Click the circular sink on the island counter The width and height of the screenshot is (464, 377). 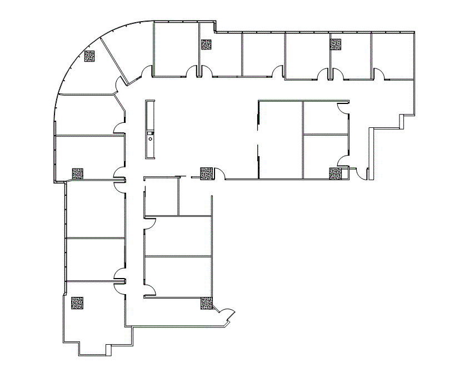(x=150, y=140)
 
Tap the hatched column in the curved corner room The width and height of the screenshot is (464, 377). (x=90, y=56)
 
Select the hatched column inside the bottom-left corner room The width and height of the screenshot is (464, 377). (x=77, y=303)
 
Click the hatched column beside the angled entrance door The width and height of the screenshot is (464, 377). (x=206, y=304)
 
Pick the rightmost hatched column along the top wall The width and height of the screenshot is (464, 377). (x=336, y=44)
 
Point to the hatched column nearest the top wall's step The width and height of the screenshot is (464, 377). (x=206, y=44)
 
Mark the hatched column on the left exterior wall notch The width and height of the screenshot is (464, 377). (x=77, y=173)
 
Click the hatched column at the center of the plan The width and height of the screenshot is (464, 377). (x=206, y=173)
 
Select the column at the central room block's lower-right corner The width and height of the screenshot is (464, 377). (x=335, y=173)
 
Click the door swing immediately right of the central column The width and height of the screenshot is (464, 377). (x=219, y=173)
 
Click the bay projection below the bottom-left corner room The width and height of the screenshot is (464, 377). (x=92, y=350)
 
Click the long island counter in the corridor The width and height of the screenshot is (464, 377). (x=150, y=129)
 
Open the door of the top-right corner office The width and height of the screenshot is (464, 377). (x=379, y=73)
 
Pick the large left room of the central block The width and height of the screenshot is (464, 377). (x=280, y=139)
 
